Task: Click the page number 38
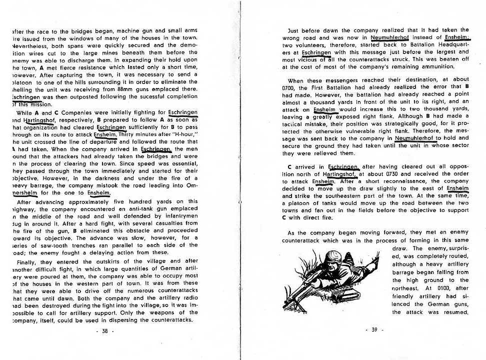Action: pos(104,330)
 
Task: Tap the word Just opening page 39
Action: pos(296,30)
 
